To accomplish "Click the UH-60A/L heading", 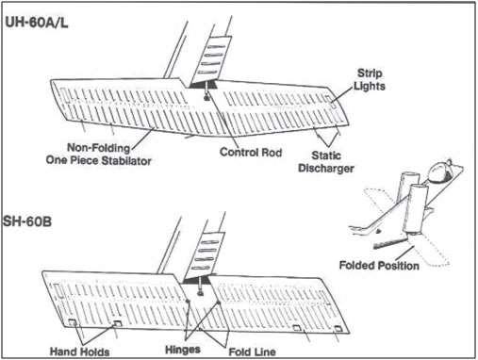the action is pyautogui.click(x=37, y=23).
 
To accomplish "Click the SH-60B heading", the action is pyautogui.click(x=27, y=221).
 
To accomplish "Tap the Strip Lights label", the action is pyautogui.click(x=370, y=79).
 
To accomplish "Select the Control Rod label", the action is pyautogui.click(x=251, y=153).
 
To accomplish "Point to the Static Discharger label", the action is pyautogui.click(x=326, y=162).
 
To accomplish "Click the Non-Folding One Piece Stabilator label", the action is pyautogui.click(x=99, y=155).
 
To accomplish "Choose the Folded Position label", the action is pyautogui.click(x=379, y=266).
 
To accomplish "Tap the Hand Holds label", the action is pyautogui.click(x=80, y=352).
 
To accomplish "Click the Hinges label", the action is pyautogui.click(x=183, y=350).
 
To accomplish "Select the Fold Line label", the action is pyautogui.click(x=253, y=352).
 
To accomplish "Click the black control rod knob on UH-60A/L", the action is pyautogui.click(x=206, y=98).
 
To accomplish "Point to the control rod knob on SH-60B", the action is pyautogui.click(x=200, y=294).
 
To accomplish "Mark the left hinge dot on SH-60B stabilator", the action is pyautogui.click(x=188, y=302).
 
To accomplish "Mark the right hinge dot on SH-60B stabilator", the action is pyautogui.click(x=218, y=303).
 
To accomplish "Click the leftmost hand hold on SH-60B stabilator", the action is pyautogui.click(x=73, y=322).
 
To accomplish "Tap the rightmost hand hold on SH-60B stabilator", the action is pyautogui.click(x=338, y=329).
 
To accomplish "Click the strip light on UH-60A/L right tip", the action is pyautogui.click(x=330, y=101).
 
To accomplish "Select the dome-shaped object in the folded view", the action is pyautogui.click(x=439, y=172).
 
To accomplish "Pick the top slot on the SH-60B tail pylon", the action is pyautogui.click(x=208, y=242).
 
